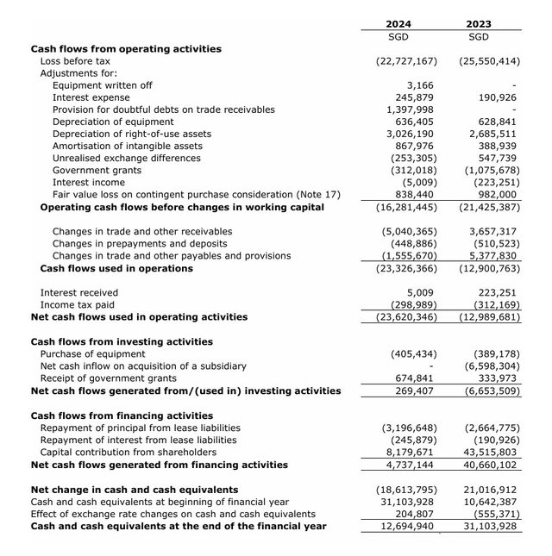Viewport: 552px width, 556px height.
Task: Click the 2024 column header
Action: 398,23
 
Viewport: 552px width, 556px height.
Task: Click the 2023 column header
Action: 478,23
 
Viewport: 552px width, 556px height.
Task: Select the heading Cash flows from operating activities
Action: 126,49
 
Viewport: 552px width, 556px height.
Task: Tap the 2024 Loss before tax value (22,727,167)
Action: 406,62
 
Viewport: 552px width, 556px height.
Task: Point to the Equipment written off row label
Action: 103,85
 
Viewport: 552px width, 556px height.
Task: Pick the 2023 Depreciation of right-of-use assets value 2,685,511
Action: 492,134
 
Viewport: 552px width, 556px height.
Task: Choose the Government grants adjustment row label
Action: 97,171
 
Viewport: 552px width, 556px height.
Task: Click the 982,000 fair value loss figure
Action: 499,195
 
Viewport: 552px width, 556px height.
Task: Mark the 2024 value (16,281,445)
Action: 406,207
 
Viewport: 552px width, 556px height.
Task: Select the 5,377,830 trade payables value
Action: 492,256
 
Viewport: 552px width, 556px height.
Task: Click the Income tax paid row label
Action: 78,305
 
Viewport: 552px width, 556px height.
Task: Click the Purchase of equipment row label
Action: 93,354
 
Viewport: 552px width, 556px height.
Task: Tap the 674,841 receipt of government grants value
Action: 415,378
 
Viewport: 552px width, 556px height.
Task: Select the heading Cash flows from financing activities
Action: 122,415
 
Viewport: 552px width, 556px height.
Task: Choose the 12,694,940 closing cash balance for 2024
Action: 409,526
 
